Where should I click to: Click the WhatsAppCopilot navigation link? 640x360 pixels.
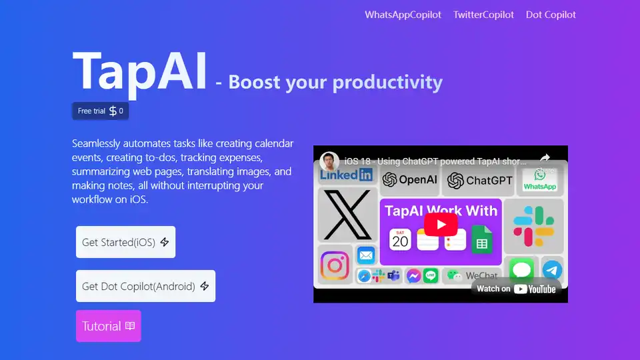coord(403,15)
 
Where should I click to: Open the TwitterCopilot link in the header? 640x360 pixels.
coord(483,15)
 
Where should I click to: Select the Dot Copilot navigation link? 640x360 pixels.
coord(551,15)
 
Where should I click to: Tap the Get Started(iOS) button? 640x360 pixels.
coord(126,242)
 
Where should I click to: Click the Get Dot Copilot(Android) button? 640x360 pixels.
coord(146,286)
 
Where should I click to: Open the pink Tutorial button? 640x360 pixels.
coord(109,326)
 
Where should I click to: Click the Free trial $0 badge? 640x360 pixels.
coord(101,111)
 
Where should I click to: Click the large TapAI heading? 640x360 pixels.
coord(139,72)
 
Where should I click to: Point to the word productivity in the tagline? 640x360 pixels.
coord(387,82)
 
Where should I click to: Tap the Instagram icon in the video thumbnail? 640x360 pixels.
coord(335,265)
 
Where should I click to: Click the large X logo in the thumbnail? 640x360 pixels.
coord(347,215)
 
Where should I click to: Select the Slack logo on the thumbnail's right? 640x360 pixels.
coord(533,227)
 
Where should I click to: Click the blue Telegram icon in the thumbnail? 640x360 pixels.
coord(552,270)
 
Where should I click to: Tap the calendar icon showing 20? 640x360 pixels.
coord(400,239)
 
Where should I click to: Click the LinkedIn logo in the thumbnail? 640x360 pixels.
coord(346,175)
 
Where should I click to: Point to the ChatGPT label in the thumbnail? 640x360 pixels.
coord(479,181)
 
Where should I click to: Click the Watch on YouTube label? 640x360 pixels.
coord(516,289)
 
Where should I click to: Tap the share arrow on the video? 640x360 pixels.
coord(545,159)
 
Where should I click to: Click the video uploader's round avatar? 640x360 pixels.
coord(329,161)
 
